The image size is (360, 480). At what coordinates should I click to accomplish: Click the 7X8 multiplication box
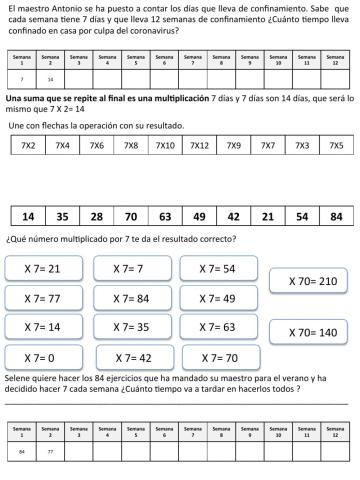(130, 147)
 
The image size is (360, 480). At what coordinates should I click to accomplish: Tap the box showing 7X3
(302, 147)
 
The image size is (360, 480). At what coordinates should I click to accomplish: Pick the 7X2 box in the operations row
(28, 147)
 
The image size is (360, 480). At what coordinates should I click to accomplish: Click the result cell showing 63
(165, 216)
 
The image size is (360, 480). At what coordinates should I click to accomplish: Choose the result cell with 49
(199, 216)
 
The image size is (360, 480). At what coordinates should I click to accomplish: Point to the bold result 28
(96, 216)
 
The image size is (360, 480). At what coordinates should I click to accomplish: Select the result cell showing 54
(301, 216)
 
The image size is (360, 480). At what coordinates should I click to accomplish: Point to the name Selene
(19, 379)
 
